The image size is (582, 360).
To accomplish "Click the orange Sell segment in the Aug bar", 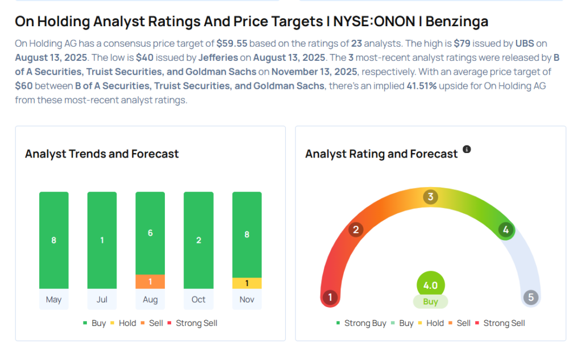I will click(x=150, y=282).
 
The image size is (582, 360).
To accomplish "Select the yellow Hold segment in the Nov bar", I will click(x=247, y=283).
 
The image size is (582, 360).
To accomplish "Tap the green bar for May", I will click(x=53, y=240).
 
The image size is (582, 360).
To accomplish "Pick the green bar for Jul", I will click(x=102, y=240).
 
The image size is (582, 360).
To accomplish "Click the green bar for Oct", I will click(x=198, y=240).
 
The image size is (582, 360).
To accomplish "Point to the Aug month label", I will click(x=150, y=300).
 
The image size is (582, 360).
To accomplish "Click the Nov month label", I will click(x=247, y=300).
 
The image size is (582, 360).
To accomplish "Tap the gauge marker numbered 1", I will click(x=330, y=297).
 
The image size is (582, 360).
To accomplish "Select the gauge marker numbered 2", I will click(x=356, y=230).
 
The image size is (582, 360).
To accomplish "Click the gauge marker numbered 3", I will click(x=431, y=197).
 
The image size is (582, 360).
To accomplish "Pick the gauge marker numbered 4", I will click(x=505, y=230).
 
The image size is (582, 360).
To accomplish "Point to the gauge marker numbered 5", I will click(x=531, y=297).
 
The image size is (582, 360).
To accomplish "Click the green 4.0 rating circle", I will click(x=430, y=285).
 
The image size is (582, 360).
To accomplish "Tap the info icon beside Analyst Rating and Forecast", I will click(x=467, y=150).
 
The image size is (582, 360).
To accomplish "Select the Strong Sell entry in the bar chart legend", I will click(x=196, y=323).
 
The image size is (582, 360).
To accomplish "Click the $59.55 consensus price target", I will click(x=231, y=43).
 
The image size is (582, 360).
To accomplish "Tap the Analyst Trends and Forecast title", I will click(x=102, y=154).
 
